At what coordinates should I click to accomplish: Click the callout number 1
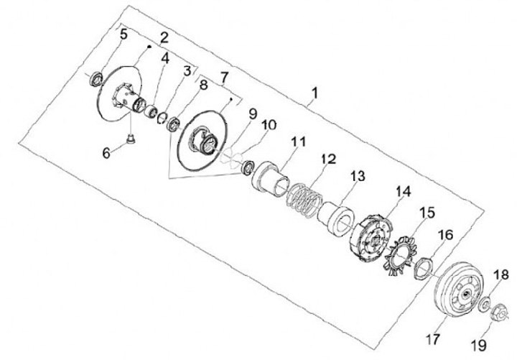313,93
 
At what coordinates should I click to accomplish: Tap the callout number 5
124,34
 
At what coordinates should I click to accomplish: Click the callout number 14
403,191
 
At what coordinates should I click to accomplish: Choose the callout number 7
224,76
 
